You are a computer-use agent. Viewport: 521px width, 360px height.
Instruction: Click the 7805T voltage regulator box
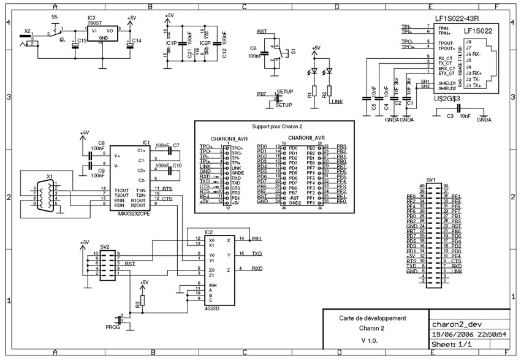pos(102,33)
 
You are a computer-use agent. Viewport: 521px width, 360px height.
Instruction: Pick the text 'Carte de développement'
pos(373,318)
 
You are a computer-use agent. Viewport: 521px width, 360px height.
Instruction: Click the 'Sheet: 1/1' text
pos(451,345)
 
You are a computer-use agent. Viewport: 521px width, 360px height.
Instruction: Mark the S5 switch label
pos(55,17)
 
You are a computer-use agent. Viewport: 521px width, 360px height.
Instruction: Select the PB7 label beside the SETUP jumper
pos(261,95)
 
